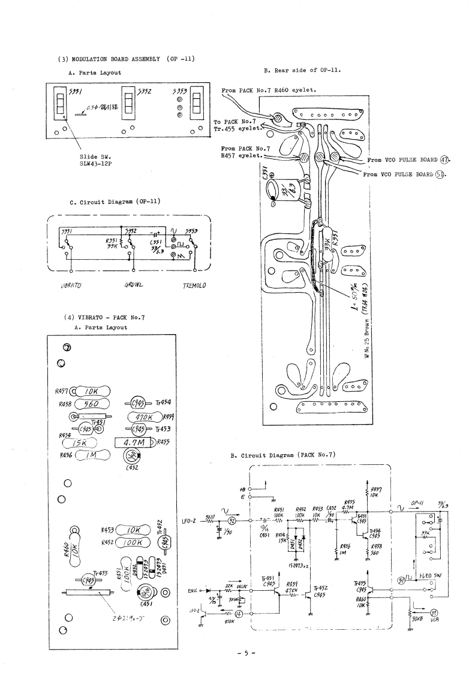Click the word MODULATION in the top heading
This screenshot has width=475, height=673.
pos(94,59)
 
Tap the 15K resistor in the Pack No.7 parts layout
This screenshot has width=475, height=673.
pos(89,443)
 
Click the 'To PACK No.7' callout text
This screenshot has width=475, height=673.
pos(232,122)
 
